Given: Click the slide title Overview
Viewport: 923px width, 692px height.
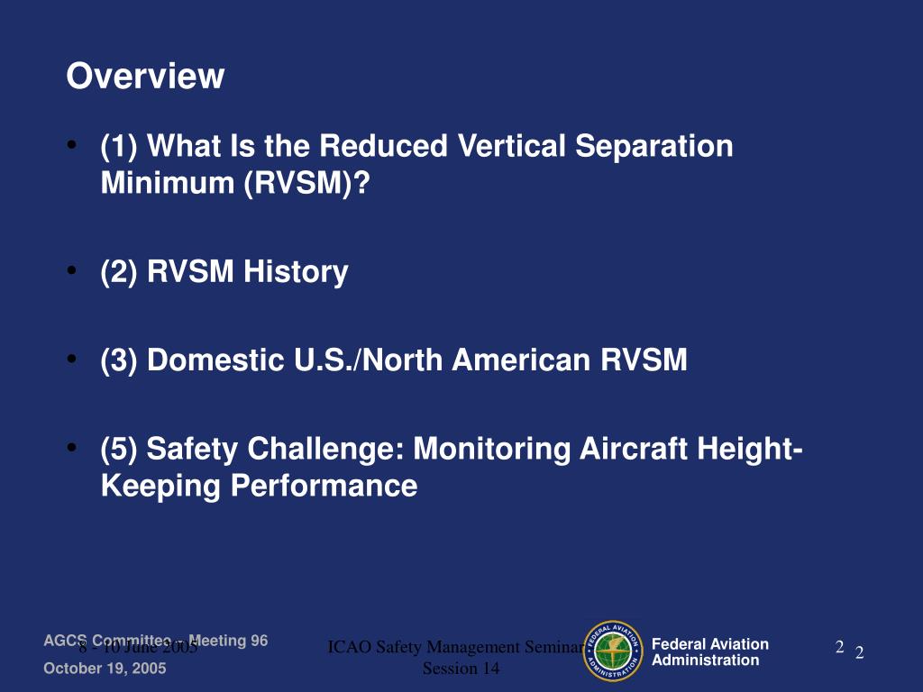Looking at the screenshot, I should (144, 77).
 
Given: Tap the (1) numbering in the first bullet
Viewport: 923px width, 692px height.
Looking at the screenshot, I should (119, 146).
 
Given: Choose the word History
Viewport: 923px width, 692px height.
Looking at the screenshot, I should (296, 271).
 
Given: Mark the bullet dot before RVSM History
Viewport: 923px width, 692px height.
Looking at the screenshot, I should (71, 270).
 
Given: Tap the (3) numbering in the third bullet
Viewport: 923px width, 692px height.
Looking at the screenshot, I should (119, 360).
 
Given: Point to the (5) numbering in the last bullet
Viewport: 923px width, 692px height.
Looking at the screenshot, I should (119, 449).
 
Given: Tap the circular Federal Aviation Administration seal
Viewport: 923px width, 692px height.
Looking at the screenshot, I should (613, 651).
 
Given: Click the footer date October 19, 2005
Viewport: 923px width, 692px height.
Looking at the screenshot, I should (105, 669).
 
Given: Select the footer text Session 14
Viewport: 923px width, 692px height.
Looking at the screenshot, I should (461, 669).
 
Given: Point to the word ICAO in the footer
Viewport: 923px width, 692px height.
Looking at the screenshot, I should (346, 647).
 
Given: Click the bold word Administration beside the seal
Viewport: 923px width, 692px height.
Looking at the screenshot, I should (705, 660).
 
